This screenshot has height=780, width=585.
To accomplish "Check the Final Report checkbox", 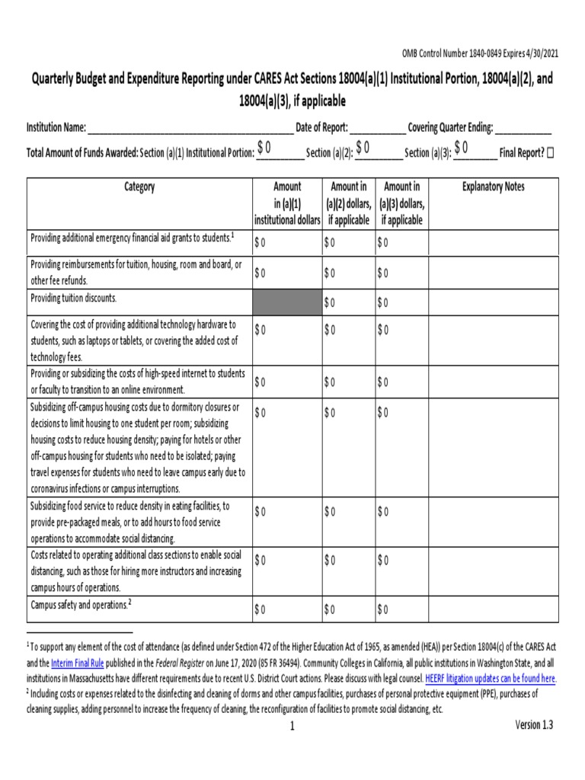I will tap(550, 153).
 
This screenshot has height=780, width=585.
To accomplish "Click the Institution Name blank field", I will tap(190, 129).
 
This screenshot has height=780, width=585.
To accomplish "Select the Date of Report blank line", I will tap(379, 129).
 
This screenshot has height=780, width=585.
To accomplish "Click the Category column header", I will tap(139, 187).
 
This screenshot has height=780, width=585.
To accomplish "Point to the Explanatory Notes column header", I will tap(494, 187).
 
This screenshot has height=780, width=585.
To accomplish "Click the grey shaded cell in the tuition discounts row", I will tap(287, 302).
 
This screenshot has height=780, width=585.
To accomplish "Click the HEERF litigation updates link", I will tap(491, 678).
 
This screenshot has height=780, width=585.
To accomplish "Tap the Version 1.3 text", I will tap(534, 724).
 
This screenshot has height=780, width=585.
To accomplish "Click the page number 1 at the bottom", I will tap(292, 727).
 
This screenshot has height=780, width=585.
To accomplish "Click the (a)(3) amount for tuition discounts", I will tap(382, 303).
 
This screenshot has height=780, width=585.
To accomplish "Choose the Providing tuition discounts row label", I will tap(74, 298).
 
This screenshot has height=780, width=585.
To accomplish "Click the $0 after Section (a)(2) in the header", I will tap(363, 147).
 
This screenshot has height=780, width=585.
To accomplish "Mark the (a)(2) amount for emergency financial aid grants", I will tap(329, 243).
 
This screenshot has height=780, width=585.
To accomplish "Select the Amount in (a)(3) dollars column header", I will tap(402, 203).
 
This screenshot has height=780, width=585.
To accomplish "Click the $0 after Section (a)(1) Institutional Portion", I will tap(264, 147).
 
